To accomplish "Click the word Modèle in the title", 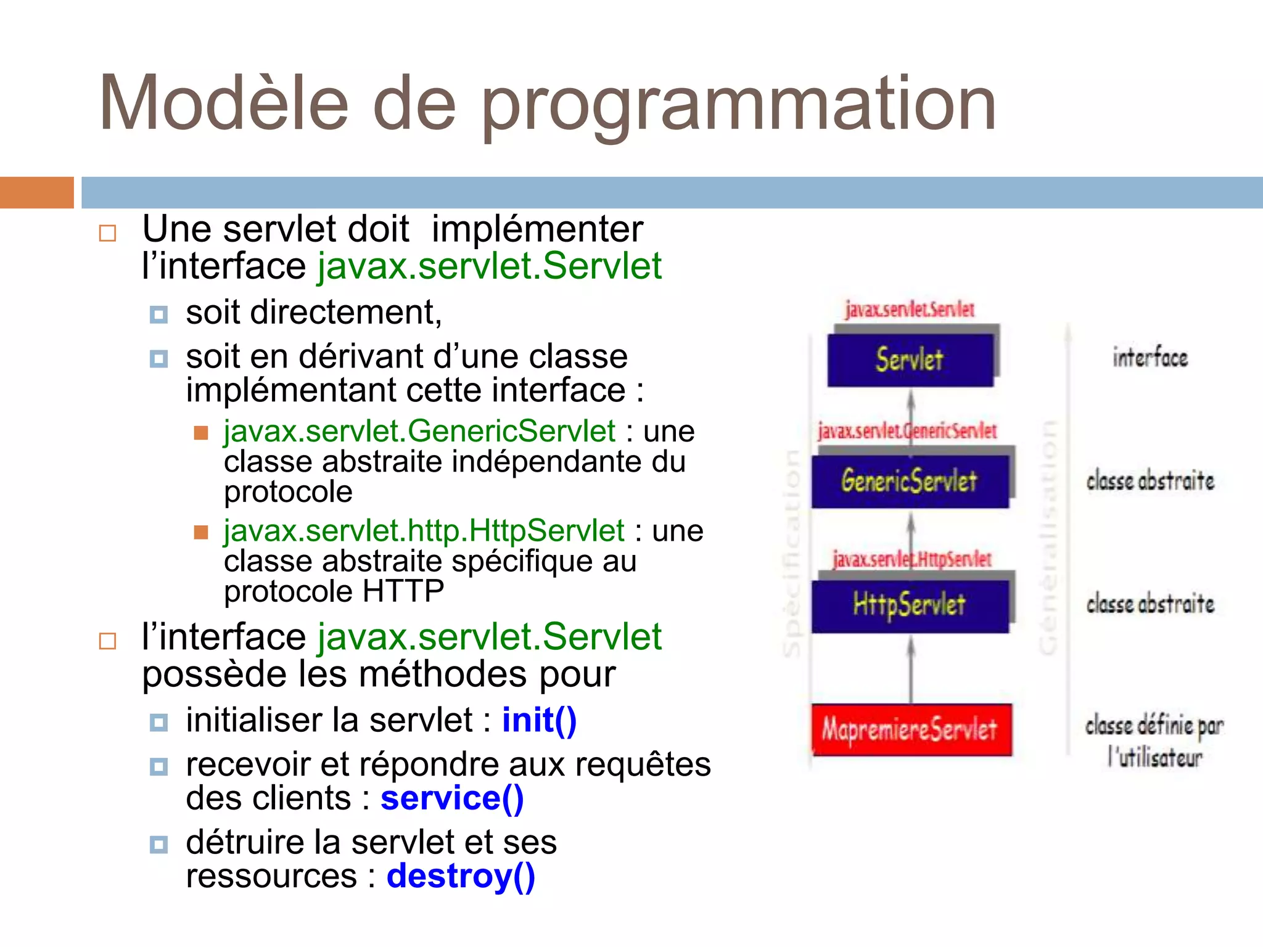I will click(x=223, y=104).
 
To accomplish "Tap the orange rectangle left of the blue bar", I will click(x=36, y=192).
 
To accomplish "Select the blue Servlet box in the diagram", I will click(x=910, y=360).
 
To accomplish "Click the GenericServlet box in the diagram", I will click(x=910, y=481).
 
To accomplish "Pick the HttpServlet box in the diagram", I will click(x=910, y=605).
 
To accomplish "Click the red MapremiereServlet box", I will click(x=911, y=730).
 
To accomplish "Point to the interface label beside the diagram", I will click(x=1150, y=358).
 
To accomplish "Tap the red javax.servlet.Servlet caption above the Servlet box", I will click(x=910, y=310).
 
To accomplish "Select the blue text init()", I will click(x=539, y=720).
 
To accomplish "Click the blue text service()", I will click(x=452, y=798).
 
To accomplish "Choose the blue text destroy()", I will click(x=461, y=876).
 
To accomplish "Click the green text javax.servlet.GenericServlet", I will click(x=419, y=431).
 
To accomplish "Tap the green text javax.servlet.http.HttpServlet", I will click(x=424, y=531).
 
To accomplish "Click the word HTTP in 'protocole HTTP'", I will click(x=403, y=591).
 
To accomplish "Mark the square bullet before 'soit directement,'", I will click(x=158, y=314).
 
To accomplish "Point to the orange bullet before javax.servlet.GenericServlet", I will click(x=201, y=432).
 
